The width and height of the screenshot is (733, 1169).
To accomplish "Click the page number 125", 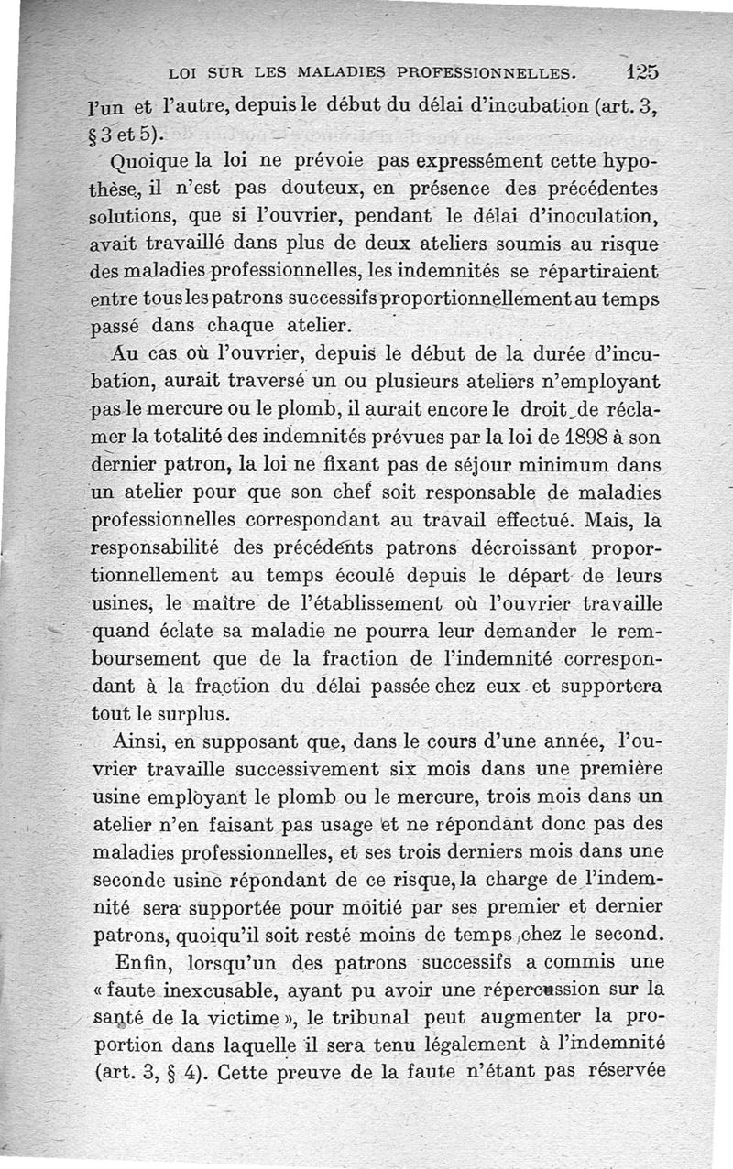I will (643, 70).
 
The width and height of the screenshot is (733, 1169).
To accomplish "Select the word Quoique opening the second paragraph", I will (145, 163).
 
